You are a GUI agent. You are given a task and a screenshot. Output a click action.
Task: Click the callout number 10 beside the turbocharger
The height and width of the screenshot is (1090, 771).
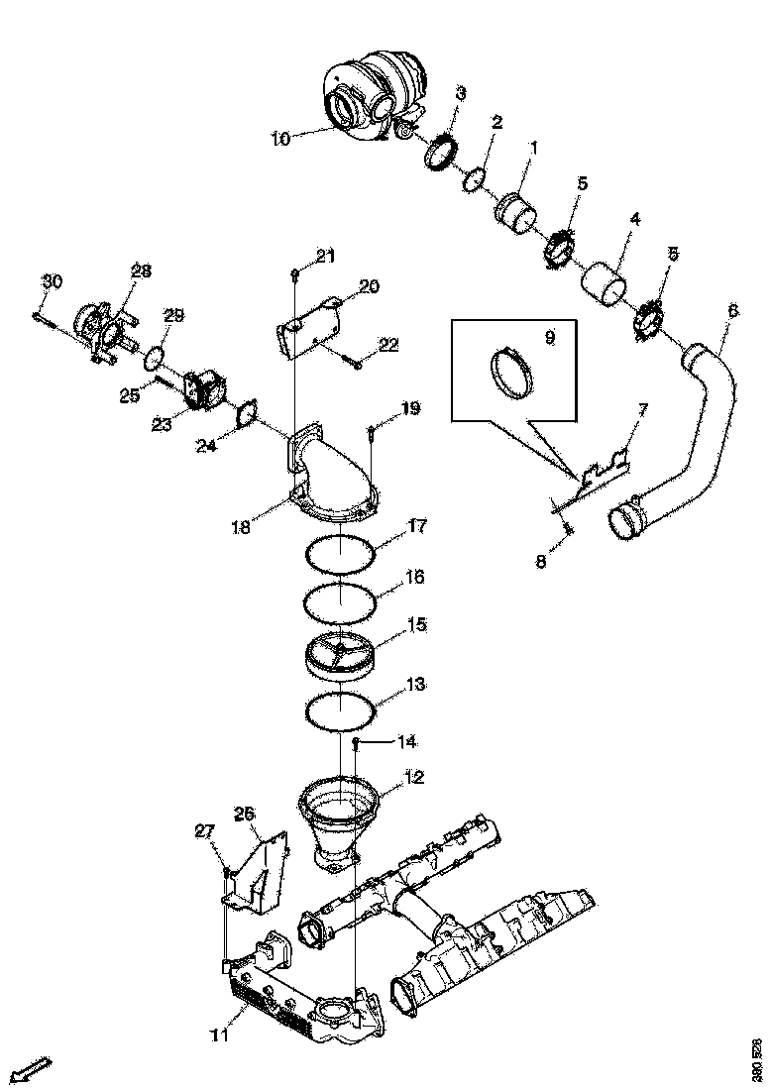[x=279, y=139]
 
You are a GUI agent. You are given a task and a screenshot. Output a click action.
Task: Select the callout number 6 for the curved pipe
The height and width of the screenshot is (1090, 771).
[x=732, y=310]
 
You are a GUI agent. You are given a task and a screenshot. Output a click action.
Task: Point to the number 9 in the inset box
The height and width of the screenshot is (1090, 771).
[x=550, y=337]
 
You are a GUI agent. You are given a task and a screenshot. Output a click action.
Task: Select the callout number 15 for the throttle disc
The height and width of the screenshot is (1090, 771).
[x=415, y=625]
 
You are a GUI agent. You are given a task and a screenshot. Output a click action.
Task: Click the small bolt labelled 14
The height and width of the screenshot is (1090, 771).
[x=355, y=742]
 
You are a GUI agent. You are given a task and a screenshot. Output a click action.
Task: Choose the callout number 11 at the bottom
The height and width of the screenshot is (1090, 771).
[x=219, y=1035]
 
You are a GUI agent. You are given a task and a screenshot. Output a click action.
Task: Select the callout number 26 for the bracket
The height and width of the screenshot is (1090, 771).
[x=245, y=814]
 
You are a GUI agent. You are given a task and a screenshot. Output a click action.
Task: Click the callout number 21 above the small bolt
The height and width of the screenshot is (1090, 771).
[x=326, y=257]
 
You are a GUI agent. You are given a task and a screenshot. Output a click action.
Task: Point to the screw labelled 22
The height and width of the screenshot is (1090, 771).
[x=355, y=363]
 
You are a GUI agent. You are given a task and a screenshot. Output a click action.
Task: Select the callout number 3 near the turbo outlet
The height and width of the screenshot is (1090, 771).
[x=461, y=93]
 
